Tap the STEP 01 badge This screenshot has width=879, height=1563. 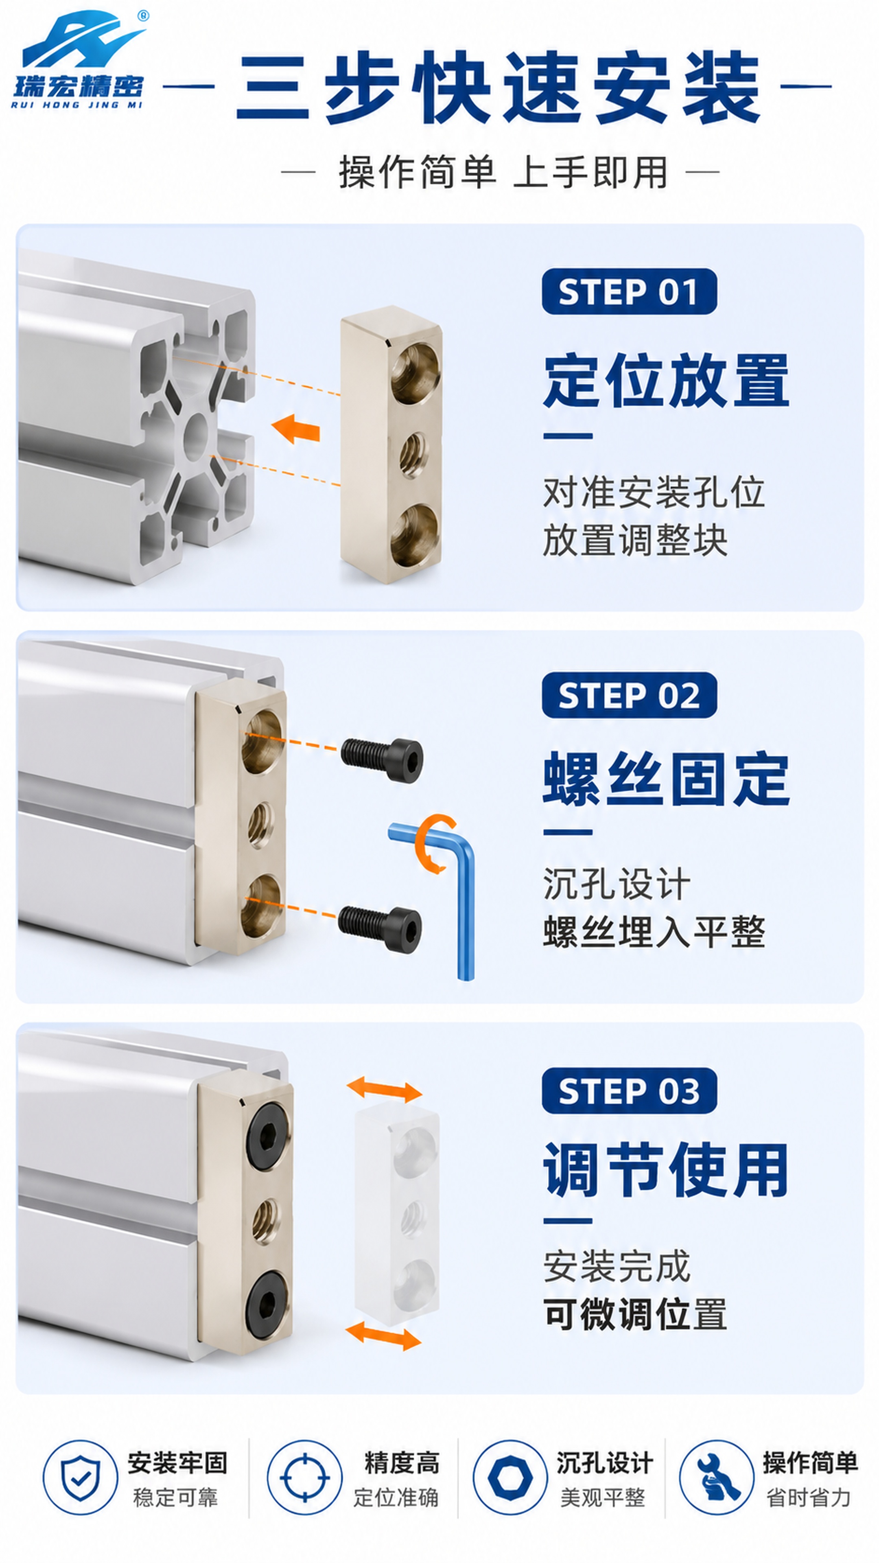(x=629, y=291)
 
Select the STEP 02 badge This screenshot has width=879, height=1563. (x=629, y=695)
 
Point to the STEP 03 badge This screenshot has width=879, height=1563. (x=629, y=1090)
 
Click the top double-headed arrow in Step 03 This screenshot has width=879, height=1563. (x=384, y=1090)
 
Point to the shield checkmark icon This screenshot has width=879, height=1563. (x=80, y=1478)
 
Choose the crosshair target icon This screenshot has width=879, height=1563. (x=304, y=1478)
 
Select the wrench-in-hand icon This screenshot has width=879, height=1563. (x=716, y=1478)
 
